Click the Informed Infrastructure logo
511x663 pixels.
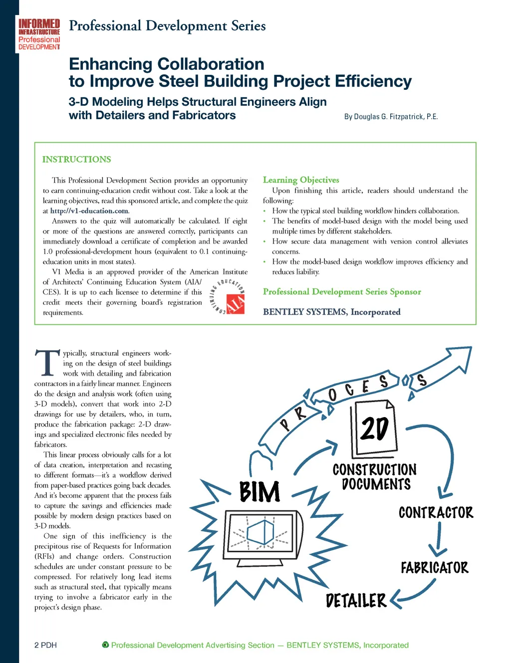coord(39,34)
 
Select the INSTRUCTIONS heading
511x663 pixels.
coord(76,159)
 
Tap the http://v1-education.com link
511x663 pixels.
coord(89,211)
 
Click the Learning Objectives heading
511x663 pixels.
coord(301,180)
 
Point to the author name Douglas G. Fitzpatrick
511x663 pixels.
coord(391,116)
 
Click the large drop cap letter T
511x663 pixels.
coord(47,363)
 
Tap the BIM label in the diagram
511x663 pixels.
coord(259,492)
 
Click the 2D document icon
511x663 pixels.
coord(374,429)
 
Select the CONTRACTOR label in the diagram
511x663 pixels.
coord(436,512)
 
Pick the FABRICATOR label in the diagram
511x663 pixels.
coord(434,567)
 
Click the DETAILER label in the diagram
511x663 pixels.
coord(356,601)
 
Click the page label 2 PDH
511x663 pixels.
coord(45,645)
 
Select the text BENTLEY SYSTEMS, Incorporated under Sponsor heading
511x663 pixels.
coord(331,312)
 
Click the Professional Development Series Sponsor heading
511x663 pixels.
coord(342,291)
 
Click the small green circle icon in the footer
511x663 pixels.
coord(105,645)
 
